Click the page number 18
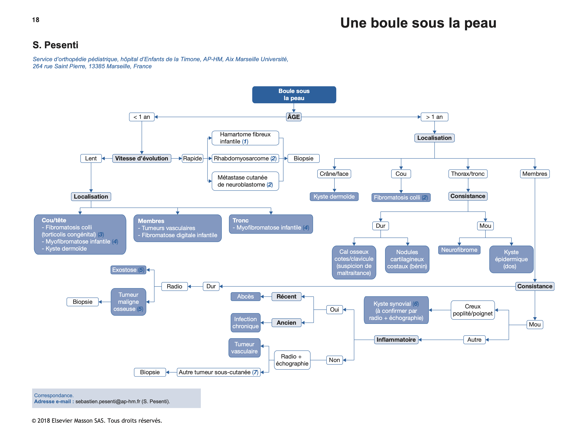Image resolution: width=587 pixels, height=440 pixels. click(36, 20)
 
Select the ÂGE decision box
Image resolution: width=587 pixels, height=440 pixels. click(294, 117)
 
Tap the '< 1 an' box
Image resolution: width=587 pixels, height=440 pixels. click(142, 117)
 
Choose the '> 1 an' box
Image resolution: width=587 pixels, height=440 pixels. click(434, 117)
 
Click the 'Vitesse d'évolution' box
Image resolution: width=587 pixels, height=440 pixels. click(141, 158)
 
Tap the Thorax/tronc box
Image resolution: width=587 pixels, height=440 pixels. click(468, 174)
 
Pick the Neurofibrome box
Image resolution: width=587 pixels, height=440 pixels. click(459, 250)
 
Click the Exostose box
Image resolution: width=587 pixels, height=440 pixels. click(128, 270)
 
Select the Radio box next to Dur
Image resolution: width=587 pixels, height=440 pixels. click(174, 286)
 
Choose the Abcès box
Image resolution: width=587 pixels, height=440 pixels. click(245, 297)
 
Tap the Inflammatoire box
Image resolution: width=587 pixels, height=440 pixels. click(396, 340)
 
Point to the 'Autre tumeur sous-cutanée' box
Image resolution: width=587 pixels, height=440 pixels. click(218, 372)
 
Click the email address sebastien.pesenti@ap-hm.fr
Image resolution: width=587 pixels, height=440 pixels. click(108, 402)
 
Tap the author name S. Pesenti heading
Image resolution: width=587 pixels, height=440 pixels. click(55, 45)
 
